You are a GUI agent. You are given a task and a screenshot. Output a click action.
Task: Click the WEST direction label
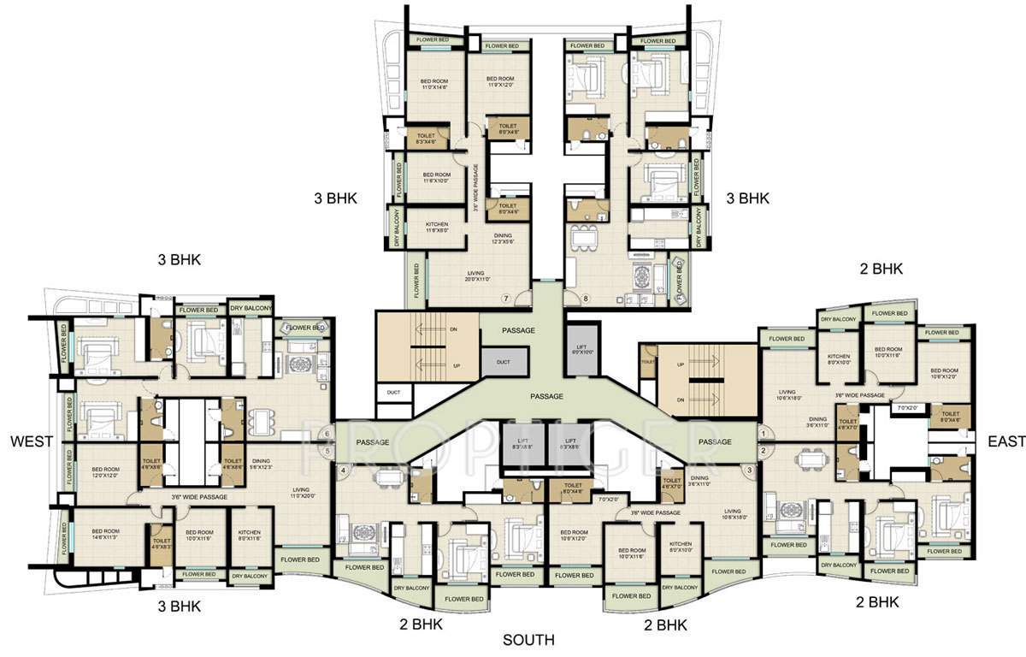click(32, 441)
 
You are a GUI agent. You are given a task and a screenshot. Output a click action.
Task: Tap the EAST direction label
click(1005, 441)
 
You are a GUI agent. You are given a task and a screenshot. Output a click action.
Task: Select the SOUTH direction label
click(528, 640)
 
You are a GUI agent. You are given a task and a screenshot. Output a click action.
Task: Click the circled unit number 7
click(505, 299)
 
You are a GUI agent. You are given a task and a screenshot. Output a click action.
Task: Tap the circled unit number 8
click(586, 299)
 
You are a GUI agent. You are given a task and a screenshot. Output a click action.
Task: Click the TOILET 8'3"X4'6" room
click(426, 139)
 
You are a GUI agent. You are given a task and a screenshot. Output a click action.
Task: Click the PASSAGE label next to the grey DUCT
click(518, 330)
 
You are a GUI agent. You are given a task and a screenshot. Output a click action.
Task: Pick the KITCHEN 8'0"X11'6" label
click(250, 535)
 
